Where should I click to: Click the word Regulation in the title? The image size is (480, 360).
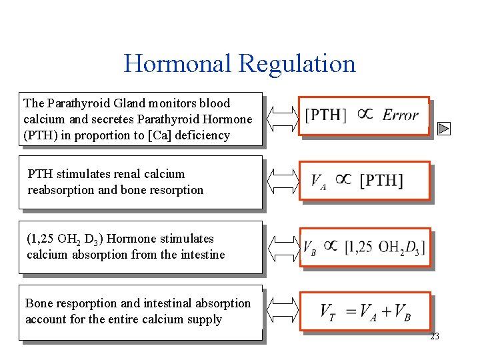click(x=297, y=64)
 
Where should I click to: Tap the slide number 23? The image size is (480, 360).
click(x=435, y=337)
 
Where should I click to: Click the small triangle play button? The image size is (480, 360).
click(x=445, y=129)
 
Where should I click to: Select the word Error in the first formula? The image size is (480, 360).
click(x=401, y=115)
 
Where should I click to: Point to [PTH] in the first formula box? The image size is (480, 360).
click(x=326, y=115)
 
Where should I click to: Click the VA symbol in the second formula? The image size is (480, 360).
click(x=319, y=181)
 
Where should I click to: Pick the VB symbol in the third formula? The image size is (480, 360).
click(x=310, y=247)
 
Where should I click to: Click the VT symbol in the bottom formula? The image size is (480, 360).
click(x=327, y=311)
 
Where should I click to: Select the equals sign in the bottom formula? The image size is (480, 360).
click(x=347, y=311)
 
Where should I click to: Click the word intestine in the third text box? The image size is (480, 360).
click(x=201, y=255)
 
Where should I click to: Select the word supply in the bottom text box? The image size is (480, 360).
click(x=204, y=319)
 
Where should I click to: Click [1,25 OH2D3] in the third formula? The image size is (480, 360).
click(x=385, y=247)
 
